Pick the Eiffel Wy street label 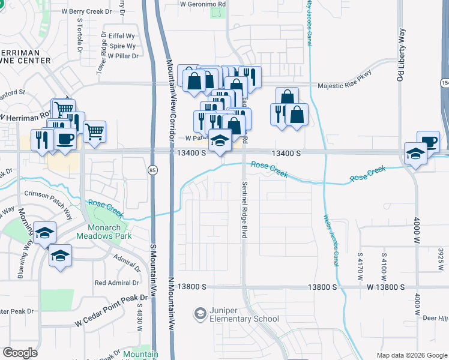pyautogui.click(x=121, y=35)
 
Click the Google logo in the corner pyautogui.click(x=20, y=353)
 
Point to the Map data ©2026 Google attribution pyautogui.click(x=411, y=355)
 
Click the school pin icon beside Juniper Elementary pyautogui.click(x=200, y=314)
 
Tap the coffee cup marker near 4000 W pyautogui.click(x=428, y=142)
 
